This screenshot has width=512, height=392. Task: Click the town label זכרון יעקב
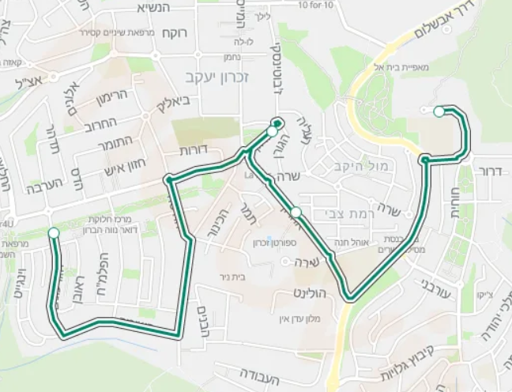pos(205,76)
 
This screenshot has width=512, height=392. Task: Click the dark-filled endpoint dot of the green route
pos(278,122)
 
